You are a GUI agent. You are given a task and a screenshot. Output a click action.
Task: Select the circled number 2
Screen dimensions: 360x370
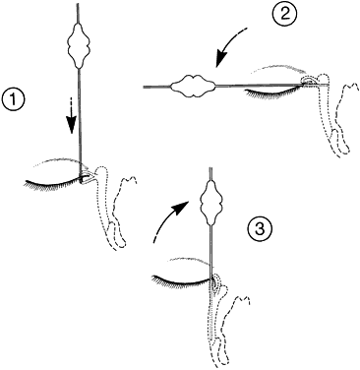click(283, 14)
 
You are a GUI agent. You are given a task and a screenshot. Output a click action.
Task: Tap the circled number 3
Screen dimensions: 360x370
click(260, 228)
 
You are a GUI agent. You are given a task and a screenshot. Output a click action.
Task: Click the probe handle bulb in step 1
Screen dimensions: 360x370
click(79, 45)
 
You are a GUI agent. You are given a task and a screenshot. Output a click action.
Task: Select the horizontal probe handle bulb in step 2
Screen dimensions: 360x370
click(193, 87)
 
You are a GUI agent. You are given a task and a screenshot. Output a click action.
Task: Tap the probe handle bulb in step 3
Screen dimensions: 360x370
click(211, 199)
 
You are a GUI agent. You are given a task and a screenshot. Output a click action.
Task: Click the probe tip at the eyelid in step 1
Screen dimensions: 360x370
click(81, 179)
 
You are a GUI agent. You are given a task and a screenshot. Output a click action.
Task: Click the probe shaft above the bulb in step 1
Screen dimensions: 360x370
click(78, 13)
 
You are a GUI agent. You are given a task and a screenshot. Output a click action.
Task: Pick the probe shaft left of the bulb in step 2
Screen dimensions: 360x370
click(156, 87)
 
